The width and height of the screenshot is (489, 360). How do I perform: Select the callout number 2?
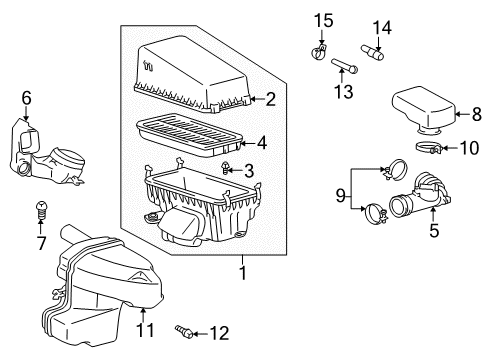click(x=270, y=99)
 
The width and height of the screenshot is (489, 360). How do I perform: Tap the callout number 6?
click(x=27, y=99)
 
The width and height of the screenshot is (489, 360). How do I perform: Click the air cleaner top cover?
click(x=195, y=70)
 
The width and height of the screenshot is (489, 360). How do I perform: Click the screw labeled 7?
click(x=42, y=210)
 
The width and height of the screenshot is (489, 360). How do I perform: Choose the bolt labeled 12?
click(x=186, y=330)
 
